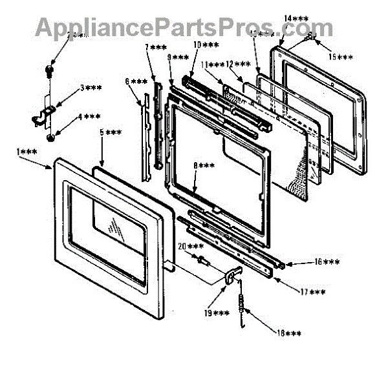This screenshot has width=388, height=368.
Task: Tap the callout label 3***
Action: click(91, 88)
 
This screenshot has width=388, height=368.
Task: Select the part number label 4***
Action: click(89, 118)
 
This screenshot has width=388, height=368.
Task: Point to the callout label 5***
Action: click(111, 133)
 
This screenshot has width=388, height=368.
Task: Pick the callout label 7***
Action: click(155, 48)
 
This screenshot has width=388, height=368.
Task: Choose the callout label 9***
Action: click(178, 57)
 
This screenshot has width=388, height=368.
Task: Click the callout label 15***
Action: click(341, 57)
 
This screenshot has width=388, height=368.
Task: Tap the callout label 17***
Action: click(314, 292)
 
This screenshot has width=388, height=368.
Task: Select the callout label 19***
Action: click(217, 313)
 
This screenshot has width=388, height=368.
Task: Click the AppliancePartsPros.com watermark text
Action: click(184, 27)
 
